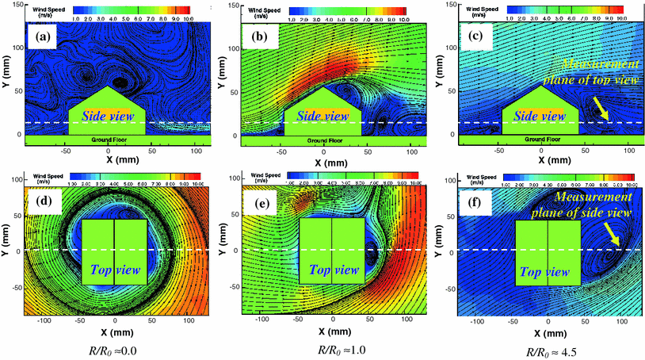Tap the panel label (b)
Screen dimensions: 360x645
pyautogui.click(x=257, y=37)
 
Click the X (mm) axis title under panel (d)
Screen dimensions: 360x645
pyautogui.click(x=115, y=332)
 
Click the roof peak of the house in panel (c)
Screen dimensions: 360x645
pyautogui.click(x=541, y=86)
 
